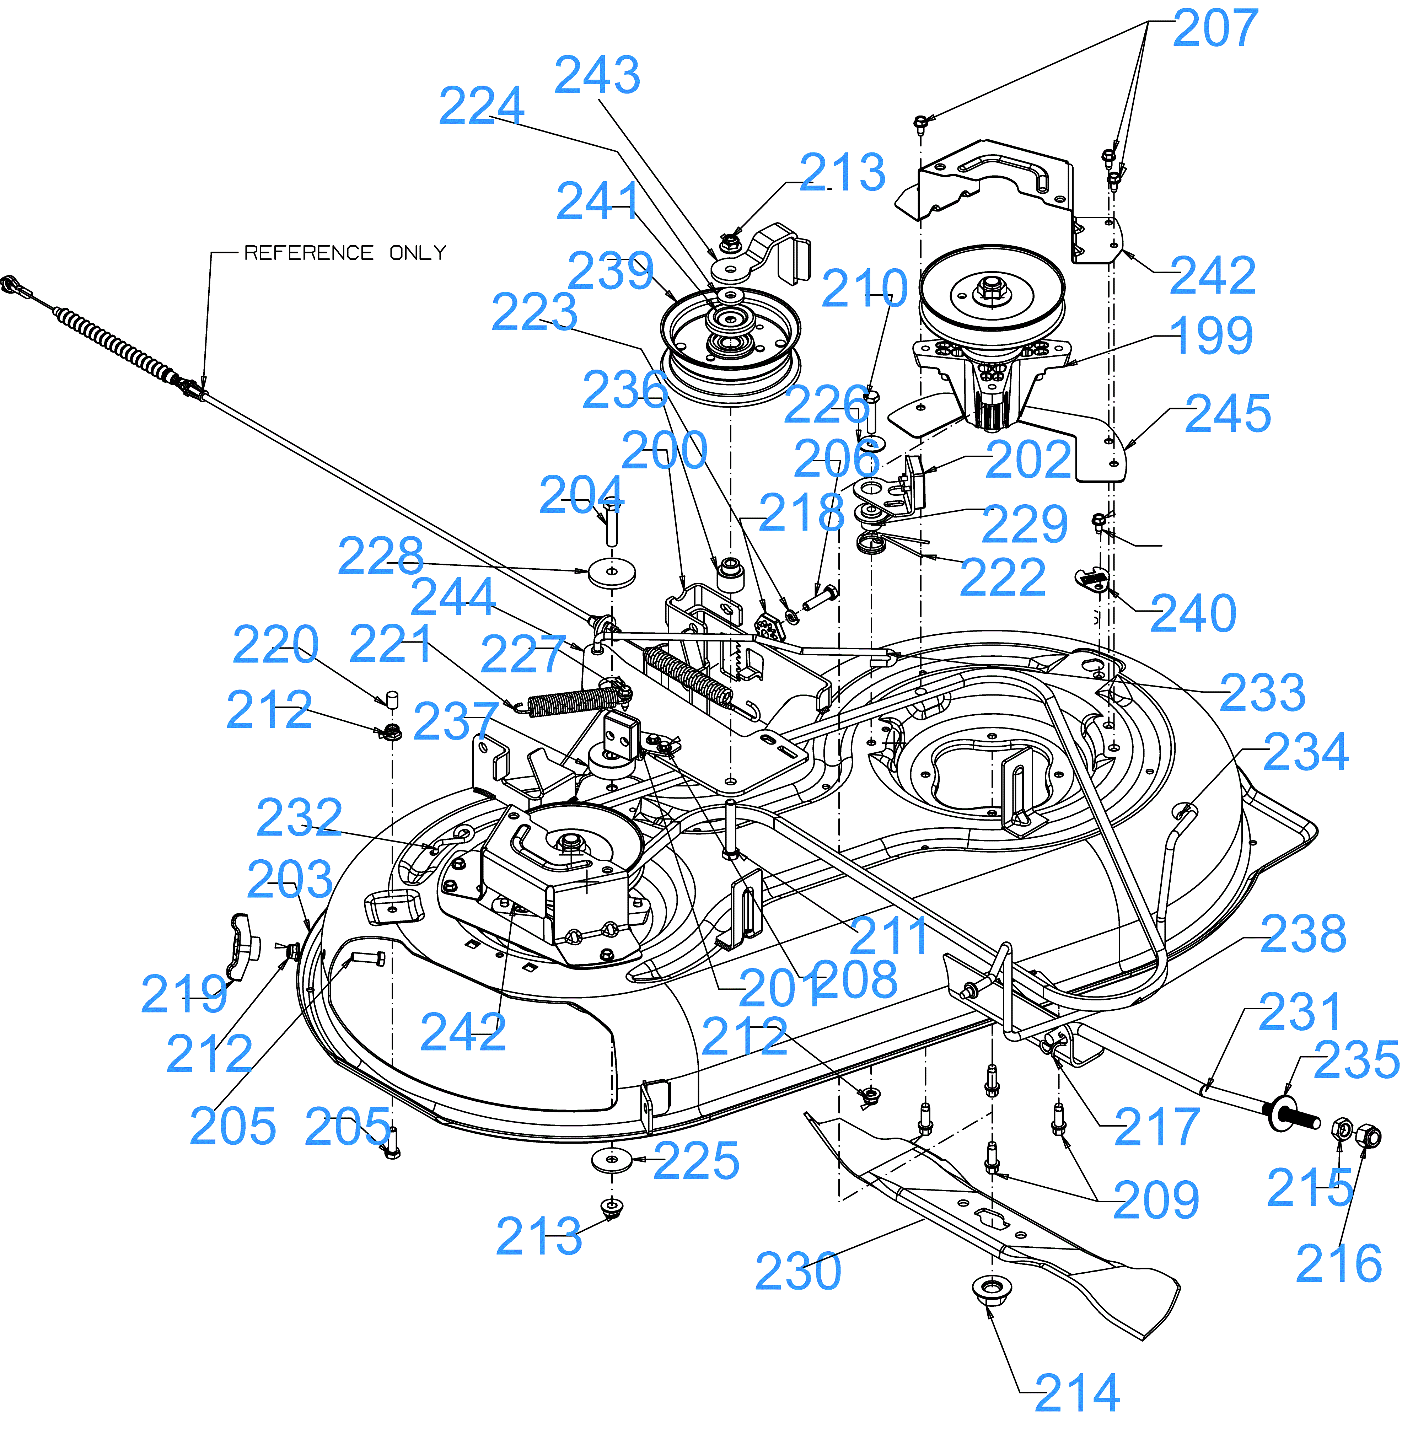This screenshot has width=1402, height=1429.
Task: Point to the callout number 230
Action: pos(798,1272)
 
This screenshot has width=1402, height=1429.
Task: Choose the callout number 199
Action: pos(1211,336)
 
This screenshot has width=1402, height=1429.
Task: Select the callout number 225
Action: pos(696,1161)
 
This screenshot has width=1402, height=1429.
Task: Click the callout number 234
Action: pos(1306,752)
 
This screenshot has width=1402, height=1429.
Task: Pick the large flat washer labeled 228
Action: pos(612,574)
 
